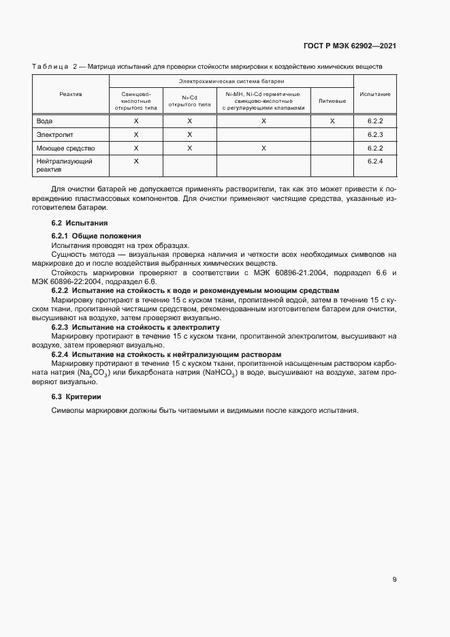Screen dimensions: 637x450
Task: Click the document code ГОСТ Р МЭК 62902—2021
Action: pos(350,46)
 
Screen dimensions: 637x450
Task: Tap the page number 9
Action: pos(395,580)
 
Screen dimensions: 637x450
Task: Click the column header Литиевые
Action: pos(332,101)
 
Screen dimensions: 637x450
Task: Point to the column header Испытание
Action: pos(375,94)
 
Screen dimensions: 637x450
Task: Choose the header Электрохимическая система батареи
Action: pos(231,81)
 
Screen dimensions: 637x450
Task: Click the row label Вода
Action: pos(44,121)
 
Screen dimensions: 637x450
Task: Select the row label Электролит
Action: pos(52,134)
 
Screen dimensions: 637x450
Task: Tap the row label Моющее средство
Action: pos(65,148)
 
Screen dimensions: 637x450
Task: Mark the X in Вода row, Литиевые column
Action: pos(332,121)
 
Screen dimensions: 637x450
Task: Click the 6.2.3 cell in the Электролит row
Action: pos(375,134)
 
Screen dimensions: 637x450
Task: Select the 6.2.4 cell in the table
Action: pos(375,161)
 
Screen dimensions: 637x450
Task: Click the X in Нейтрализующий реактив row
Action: pos(136,161)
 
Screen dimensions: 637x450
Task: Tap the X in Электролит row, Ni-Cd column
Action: pos(190,134)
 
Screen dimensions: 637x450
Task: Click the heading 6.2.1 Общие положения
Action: pos(96,236)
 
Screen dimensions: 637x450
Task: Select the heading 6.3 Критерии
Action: pos(76,397)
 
